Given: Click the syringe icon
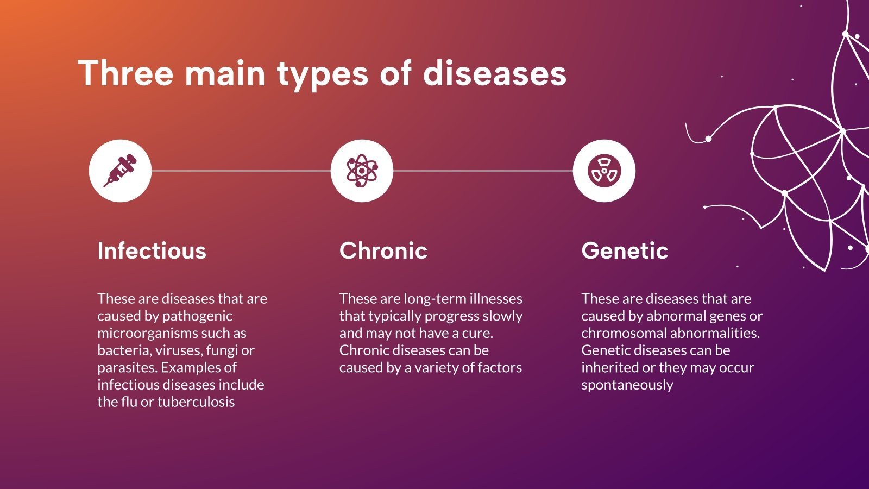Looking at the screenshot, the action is point(120,171).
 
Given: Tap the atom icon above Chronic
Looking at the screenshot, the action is point(362,171).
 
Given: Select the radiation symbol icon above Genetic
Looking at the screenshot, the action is point(604,171).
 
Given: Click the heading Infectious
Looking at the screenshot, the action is point(152,250).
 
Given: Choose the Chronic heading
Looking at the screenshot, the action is point(383,250).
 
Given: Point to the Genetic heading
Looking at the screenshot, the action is point(625,250).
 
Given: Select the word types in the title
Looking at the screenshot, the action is point(323,76).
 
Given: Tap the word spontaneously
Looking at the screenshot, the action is point(627,385).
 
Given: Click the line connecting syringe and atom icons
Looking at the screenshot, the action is point(241,171).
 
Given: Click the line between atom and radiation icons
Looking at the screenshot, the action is point(483,171).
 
